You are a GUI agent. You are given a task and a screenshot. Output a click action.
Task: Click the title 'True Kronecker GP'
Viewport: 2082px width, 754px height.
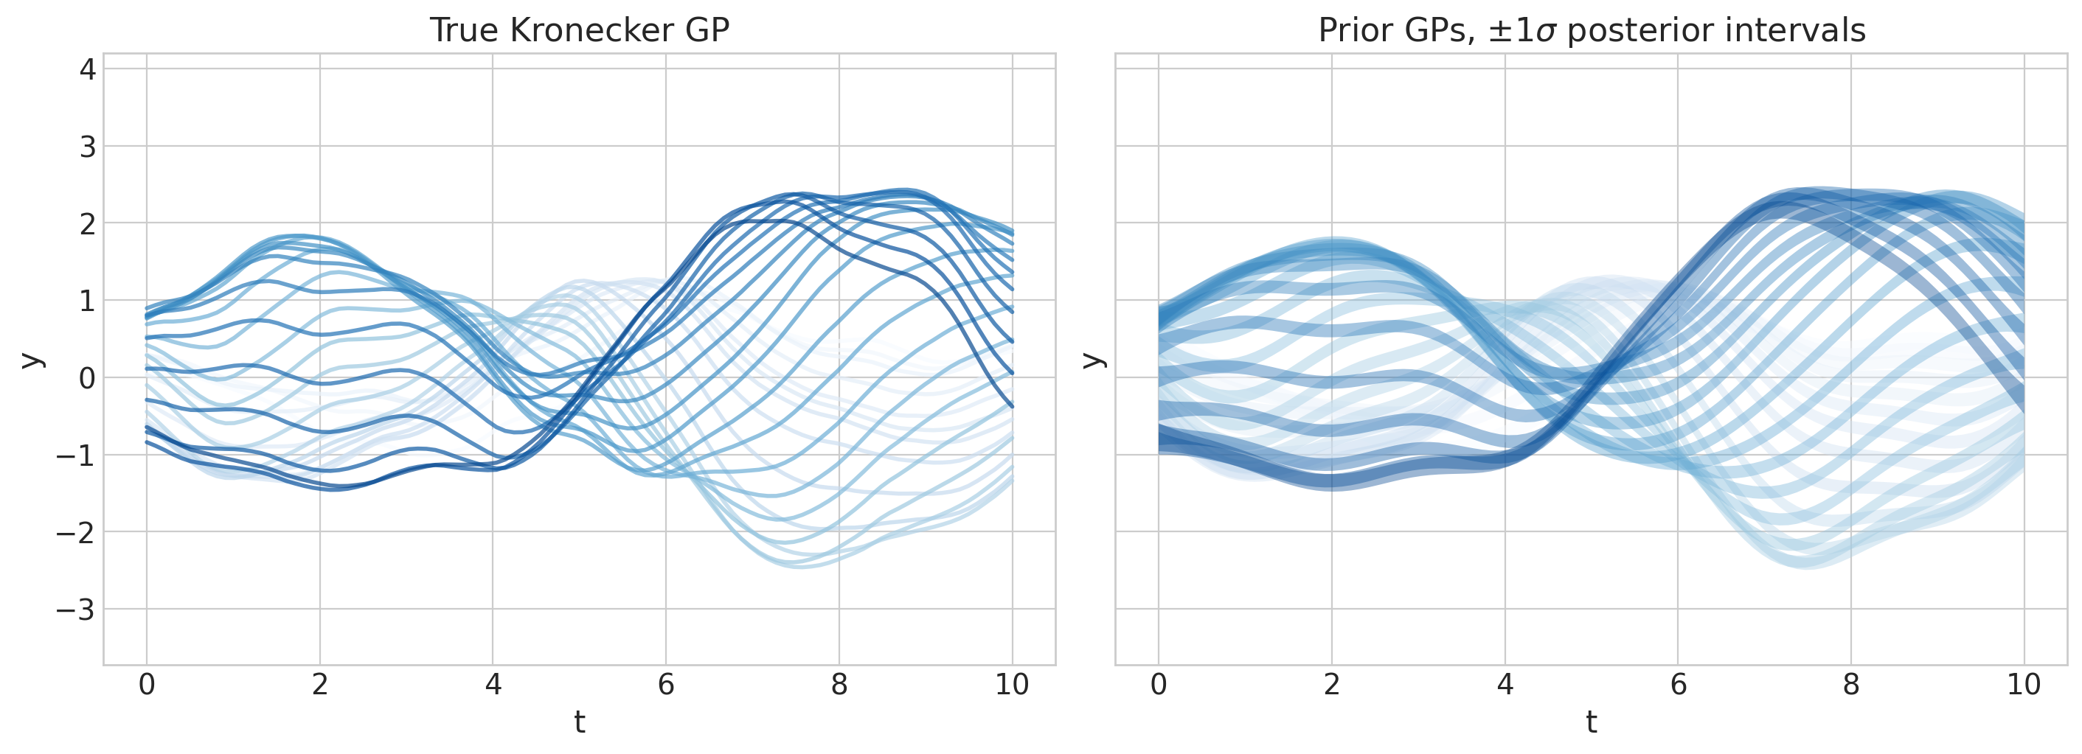[x=579, y=31]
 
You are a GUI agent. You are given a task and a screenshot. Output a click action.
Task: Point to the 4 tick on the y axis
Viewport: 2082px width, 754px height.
[x=87, y=69]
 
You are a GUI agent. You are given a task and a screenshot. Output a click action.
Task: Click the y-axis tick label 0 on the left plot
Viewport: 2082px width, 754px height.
[x=87, y=378]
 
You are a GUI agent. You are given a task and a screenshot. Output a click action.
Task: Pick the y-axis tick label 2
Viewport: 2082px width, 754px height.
[x=87, y=224]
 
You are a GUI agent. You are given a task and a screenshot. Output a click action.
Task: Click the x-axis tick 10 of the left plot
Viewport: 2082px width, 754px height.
[x=1012, y=685]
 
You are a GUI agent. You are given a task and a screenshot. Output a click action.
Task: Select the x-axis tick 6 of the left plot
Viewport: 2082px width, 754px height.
[x=666, y=685]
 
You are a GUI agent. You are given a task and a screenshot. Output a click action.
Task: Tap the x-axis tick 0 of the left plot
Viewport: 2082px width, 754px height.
[x=147, y=685]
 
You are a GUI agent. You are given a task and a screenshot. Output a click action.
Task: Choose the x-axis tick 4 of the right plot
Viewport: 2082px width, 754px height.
[x=1505, y=685]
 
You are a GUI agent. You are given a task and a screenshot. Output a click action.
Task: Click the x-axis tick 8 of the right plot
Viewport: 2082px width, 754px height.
[x=1851, y=685]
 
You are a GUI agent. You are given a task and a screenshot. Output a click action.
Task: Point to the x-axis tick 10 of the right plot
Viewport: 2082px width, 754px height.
[x=2024, y=685]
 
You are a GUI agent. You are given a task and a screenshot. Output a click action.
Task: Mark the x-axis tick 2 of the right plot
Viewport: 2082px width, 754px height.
[x=1332, y=685]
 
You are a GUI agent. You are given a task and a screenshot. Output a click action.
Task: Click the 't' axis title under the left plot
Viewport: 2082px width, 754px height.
[x=580, y=722]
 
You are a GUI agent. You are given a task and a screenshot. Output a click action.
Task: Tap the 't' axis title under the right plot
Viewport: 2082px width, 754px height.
[x=1592, y=722]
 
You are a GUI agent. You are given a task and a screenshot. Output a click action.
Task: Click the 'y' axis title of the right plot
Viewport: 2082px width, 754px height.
[x=1093, y=360]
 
